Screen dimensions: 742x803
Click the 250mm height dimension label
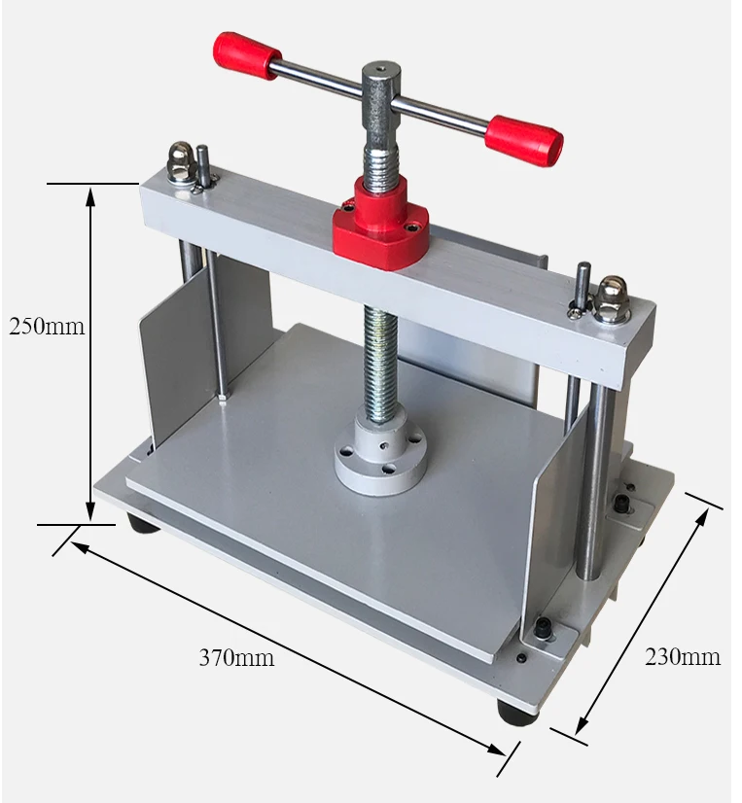(47, 327)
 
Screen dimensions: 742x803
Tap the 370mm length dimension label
(236, 657)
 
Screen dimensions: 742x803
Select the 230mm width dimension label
(683, 656)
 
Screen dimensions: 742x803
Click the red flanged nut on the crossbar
(380, 221)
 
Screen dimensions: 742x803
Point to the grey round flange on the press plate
(380, 453)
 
